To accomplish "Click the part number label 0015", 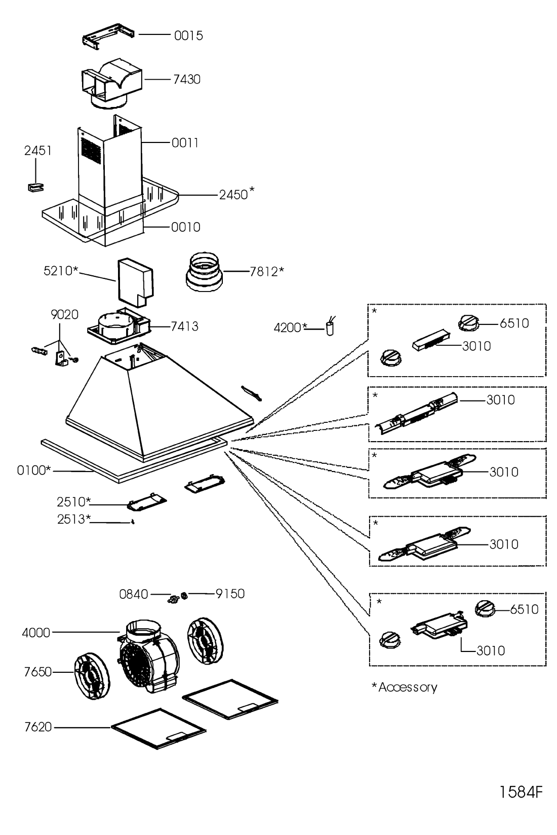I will click(x=188, y=35).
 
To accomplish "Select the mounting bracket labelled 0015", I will click(x=109, y=37).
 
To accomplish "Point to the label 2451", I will click(x=38, y=151).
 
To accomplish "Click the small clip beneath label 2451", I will click(x=34, y=187).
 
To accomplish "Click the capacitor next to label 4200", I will click(x=331, y=328).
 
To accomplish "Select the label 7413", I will click(x=184, y=326).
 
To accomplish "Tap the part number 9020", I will click(x=64, y=314).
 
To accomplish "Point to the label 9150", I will click(x=230, y=594).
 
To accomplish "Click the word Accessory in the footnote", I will click(x=408, y=687).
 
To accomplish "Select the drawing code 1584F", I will click(x=521, y=792).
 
